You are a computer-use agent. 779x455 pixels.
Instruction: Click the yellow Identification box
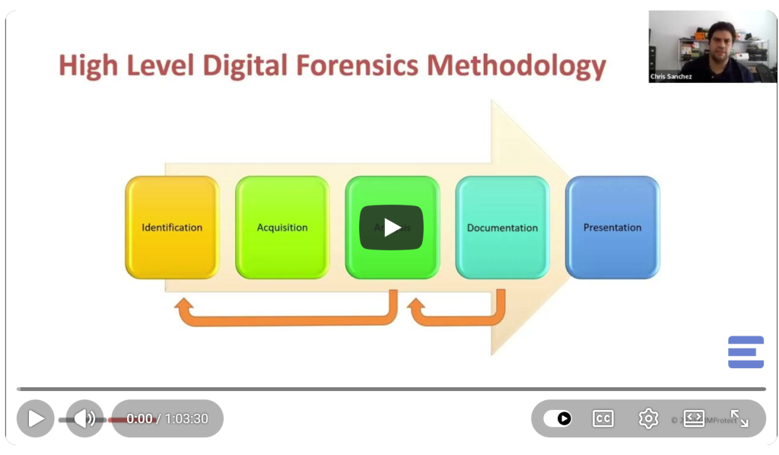[x=172, y=228]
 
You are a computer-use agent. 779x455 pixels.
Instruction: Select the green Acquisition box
[x=282, y=228]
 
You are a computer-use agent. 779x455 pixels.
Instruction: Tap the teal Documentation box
[x=502, y=228]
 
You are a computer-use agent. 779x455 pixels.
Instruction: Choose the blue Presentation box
[x=612, y=228]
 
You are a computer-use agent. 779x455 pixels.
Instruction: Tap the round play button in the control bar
[x=36, y=418]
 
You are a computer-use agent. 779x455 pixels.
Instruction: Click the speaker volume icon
[x=84, y=418]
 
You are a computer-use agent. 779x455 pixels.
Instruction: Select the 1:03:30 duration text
[x=186, y=418]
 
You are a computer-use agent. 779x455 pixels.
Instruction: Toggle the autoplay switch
[x=558, y=418]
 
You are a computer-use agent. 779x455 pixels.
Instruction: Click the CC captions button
[x=603, y=418]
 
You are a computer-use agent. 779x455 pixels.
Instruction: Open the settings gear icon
[x=648, y=418]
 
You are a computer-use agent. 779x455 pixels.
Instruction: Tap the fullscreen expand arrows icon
[x=739, y=418]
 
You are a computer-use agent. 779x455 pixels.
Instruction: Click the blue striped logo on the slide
[x=746, y=352]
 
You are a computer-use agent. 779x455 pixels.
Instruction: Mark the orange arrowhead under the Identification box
[x=183, y=306]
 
